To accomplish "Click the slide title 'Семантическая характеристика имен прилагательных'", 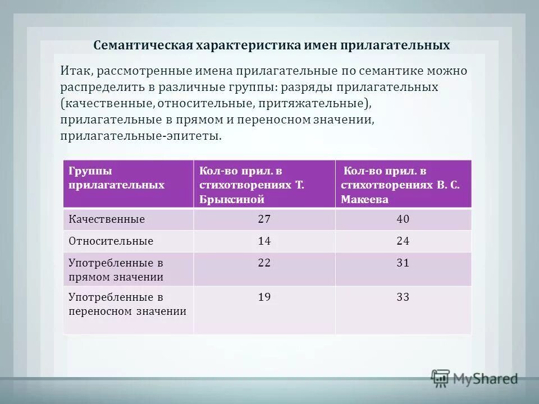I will [272, 45].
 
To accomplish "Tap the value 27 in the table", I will [264, 219].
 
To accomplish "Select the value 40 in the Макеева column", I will [403, 219].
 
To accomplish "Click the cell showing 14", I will [264, 241].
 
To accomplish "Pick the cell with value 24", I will [403, 241].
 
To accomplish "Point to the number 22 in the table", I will [264, 263].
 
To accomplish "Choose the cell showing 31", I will [403, 263].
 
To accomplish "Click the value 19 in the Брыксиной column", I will [264, 297].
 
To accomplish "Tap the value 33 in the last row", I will [403, 297].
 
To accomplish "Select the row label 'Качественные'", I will [107, 219].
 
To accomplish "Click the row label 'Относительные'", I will [111, 241].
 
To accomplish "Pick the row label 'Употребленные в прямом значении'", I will [116, 270].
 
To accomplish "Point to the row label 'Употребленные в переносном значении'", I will [127, 304].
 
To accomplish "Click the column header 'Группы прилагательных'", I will [117, 178].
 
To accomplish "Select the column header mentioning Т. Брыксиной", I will [252, 185].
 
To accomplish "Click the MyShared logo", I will [474, 379].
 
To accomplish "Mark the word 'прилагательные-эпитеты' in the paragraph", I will [140, 136].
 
